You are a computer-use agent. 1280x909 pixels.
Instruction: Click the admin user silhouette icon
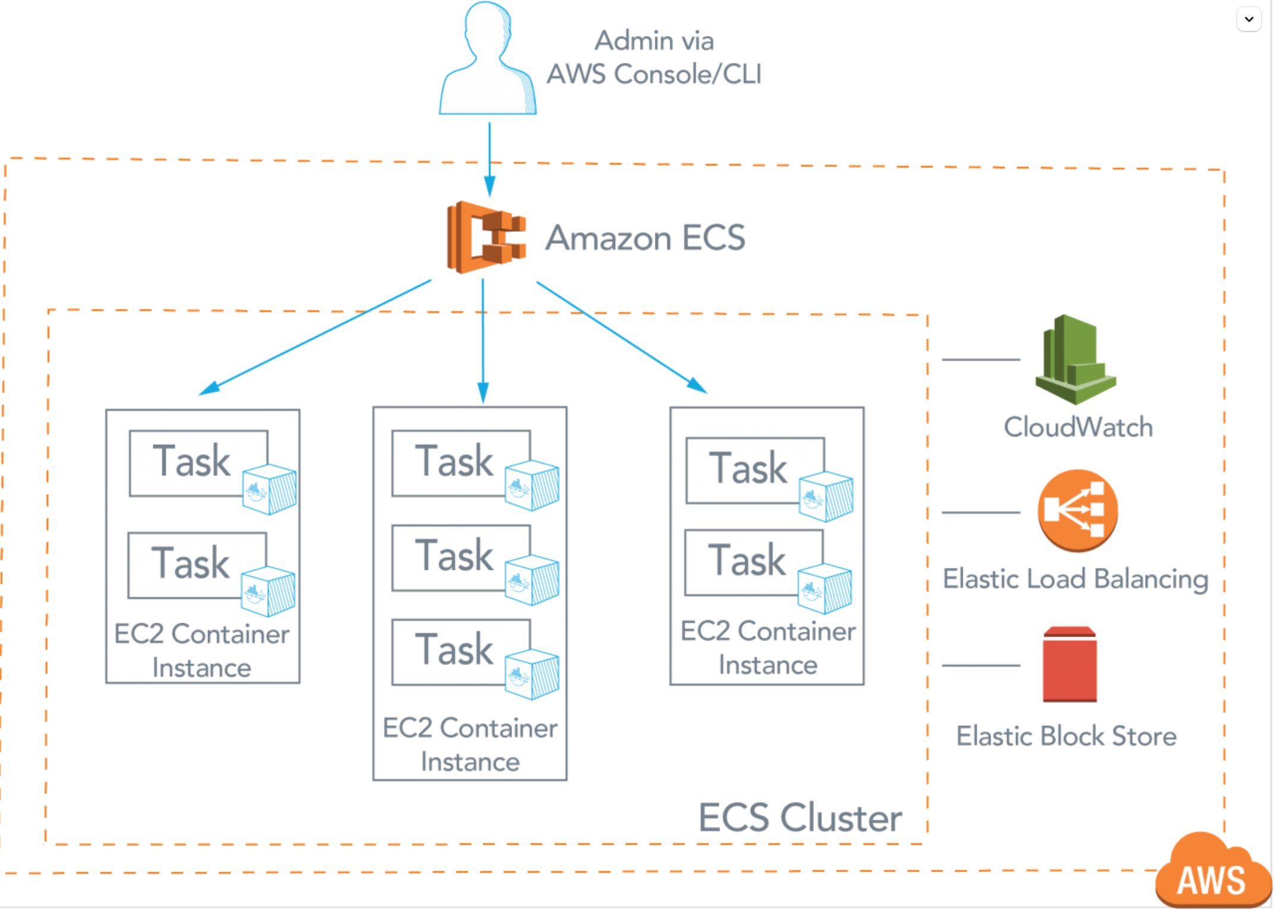(x=488, y=59)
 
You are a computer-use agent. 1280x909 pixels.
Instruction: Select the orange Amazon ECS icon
(x=486, y=237)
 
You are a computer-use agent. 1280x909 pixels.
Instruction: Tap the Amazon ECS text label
(x=645, y=238)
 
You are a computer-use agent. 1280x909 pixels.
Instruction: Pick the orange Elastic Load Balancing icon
(x=1077, y=510)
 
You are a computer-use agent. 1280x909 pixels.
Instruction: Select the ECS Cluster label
(x=800, y=818)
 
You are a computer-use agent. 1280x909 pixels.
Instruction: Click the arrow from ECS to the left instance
(x=315, y=337)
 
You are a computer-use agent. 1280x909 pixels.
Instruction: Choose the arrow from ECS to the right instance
(x=621, y=337)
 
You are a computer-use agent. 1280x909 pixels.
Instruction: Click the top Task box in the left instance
(x=198, y=463)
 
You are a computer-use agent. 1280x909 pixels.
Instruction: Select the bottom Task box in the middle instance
(x=461, y=652)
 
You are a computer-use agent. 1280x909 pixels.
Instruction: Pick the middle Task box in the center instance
(x=461, y=557)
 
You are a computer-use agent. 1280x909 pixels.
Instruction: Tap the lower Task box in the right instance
(x=754, y=562)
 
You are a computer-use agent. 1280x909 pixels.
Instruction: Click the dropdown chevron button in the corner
(x=1249, y=19)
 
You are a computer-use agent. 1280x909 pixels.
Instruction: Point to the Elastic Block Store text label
(x=1066, y=736)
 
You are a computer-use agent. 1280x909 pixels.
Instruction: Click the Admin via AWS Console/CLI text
(x=654, y=58)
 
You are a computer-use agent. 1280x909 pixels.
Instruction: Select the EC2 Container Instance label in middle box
(x=470, y=745)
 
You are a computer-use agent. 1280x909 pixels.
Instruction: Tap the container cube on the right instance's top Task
(x=827, y=497)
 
